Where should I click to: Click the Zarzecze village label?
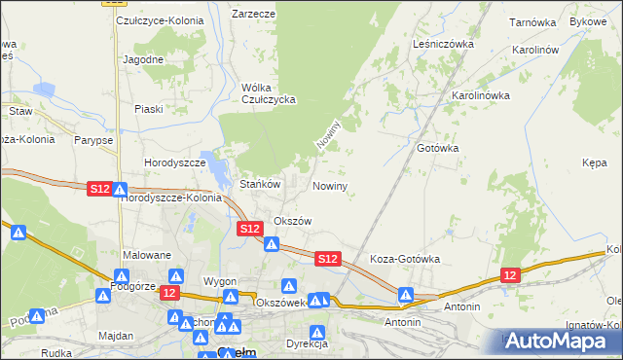253,15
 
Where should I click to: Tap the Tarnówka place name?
533,20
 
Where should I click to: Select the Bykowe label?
587,20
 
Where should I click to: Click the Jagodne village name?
143,58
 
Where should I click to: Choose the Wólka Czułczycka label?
268,93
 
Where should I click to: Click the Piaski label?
149,109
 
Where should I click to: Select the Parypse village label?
92,140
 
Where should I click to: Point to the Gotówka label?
437,148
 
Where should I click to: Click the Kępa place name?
595,166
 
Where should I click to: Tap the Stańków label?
260,183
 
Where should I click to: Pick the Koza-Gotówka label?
406,260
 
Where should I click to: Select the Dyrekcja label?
307,343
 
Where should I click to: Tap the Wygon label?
220,281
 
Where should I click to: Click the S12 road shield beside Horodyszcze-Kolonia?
99,190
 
